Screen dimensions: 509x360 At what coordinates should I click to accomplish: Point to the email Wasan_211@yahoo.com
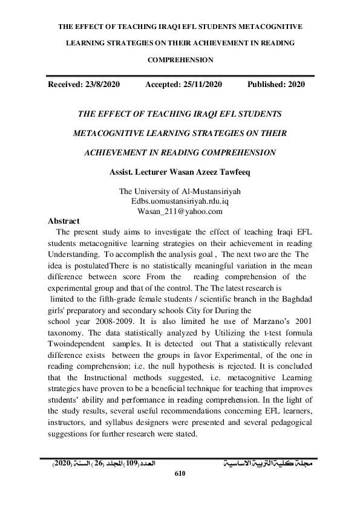point(180,212)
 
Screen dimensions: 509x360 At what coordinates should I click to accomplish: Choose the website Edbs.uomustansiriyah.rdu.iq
point(180,202)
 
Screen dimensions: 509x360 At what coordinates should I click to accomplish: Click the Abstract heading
point(64,221)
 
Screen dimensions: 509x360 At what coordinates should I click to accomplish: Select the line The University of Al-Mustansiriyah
point(180,192)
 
